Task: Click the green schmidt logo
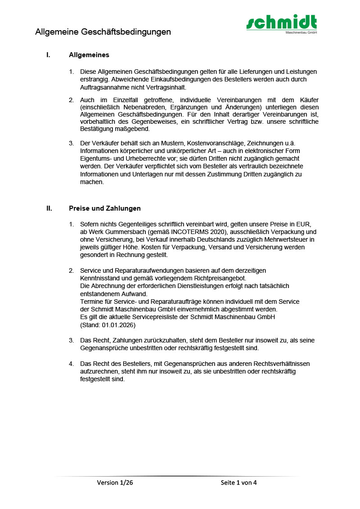coord(281,22)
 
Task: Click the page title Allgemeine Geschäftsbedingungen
coord(103,32)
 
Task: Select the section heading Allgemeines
coord(89,55)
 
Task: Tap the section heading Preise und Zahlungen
coord(105,208)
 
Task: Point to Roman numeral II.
coord(49,208)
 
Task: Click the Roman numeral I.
coord(48,55)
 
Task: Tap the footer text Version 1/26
coord(115,483)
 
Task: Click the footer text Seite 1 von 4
coord(238,483)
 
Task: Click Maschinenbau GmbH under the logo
coord(301,32)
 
